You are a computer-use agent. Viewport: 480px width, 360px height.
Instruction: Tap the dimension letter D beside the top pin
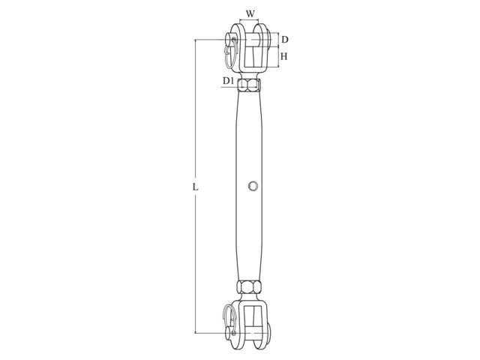[x=284, y=39]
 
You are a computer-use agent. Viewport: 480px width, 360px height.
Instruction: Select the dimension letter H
[x=285, y=56]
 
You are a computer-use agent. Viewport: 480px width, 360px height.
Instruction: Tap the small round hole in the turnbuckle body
[x=253, y=185]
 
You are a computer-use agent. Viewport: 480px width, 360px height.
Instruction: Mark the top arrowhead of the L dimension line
[x=197, y=42]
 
